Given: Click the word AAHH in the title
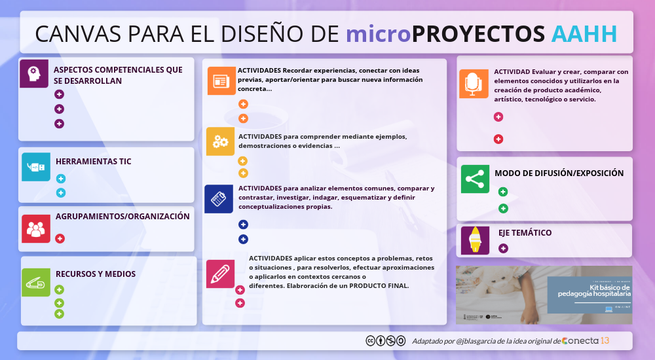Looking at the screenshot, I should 584,33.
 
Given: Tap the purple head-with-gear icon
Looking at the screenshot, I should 34,73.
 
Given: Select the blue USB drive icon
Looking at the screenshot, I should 35,167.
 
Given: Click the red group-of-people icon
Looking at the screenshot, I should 35,228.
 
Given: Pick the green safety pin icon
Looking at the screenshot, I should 35,282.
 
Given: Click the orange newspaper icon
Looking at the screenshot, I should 220,81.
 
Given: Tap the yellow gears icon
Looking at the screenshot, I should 220,141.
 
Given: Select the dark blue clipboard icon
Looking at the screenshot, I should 219,198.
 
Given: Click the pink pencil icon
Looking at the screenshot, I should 220,274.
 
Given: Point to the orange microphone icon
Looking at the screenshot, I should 473,84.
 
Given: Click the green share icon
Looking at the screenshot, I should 475,179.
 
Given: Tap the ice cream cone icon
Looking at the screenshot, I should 475,240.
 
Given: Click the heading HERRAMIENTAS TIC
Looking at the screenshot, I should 94,161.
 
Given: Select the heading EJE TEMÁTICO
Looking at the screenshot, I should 525,232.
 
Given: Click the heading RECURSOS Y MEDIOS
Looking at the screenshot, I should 96,274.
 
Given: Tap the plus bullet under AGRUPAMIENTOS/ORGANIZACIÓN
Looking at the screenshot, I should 60,239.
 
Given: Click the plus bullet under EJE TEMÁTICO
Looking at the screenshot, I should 503,248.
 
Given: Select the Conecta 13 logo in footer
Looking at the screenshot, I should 586,340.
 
